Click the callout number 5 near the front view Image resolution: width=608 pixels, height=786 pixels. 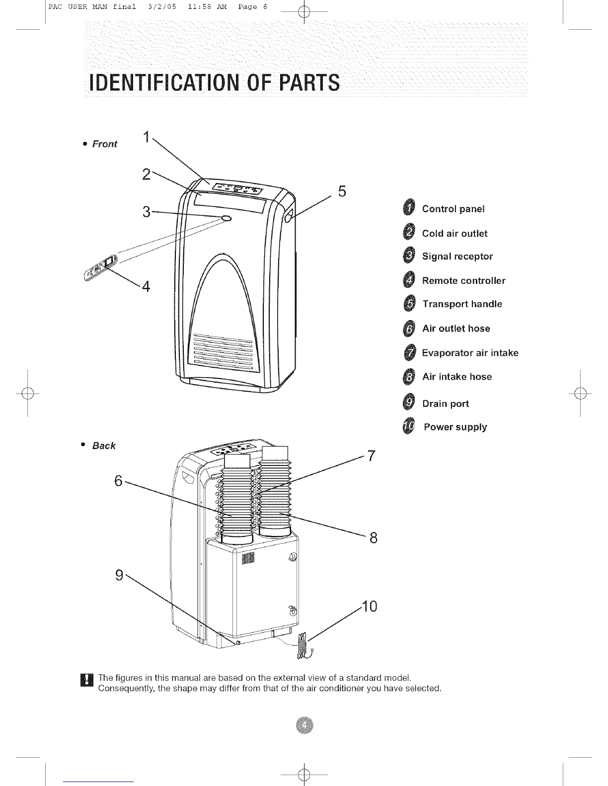341,191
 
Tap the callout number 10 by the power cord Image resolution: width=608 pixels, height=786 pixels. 370,606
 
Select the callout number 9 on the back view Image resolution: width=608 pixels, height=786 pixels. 119,575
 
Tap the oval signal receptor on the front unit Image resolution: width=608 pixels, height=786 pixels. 227,218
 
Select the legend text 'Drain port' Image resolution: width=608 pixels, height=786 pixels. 445,403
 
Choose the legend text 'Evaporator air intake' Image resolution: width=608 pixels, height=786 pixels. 470,353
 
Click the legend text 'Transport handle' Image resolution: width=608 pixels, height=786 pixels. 462,304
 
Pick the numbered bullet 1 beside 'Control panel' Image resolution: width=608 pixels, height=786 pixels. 408,209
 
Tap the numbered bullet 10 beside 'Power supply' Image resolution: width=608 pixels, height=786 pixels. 409,427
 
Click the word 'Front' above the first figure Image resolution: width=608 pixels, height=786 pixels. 105,144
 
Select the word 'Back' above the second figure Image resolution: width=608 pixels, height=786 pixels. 104,446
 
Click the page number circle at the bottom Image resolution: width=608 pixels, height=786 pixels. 304,726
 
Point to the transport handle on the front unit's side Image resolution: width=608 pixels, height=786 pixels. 289,215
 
